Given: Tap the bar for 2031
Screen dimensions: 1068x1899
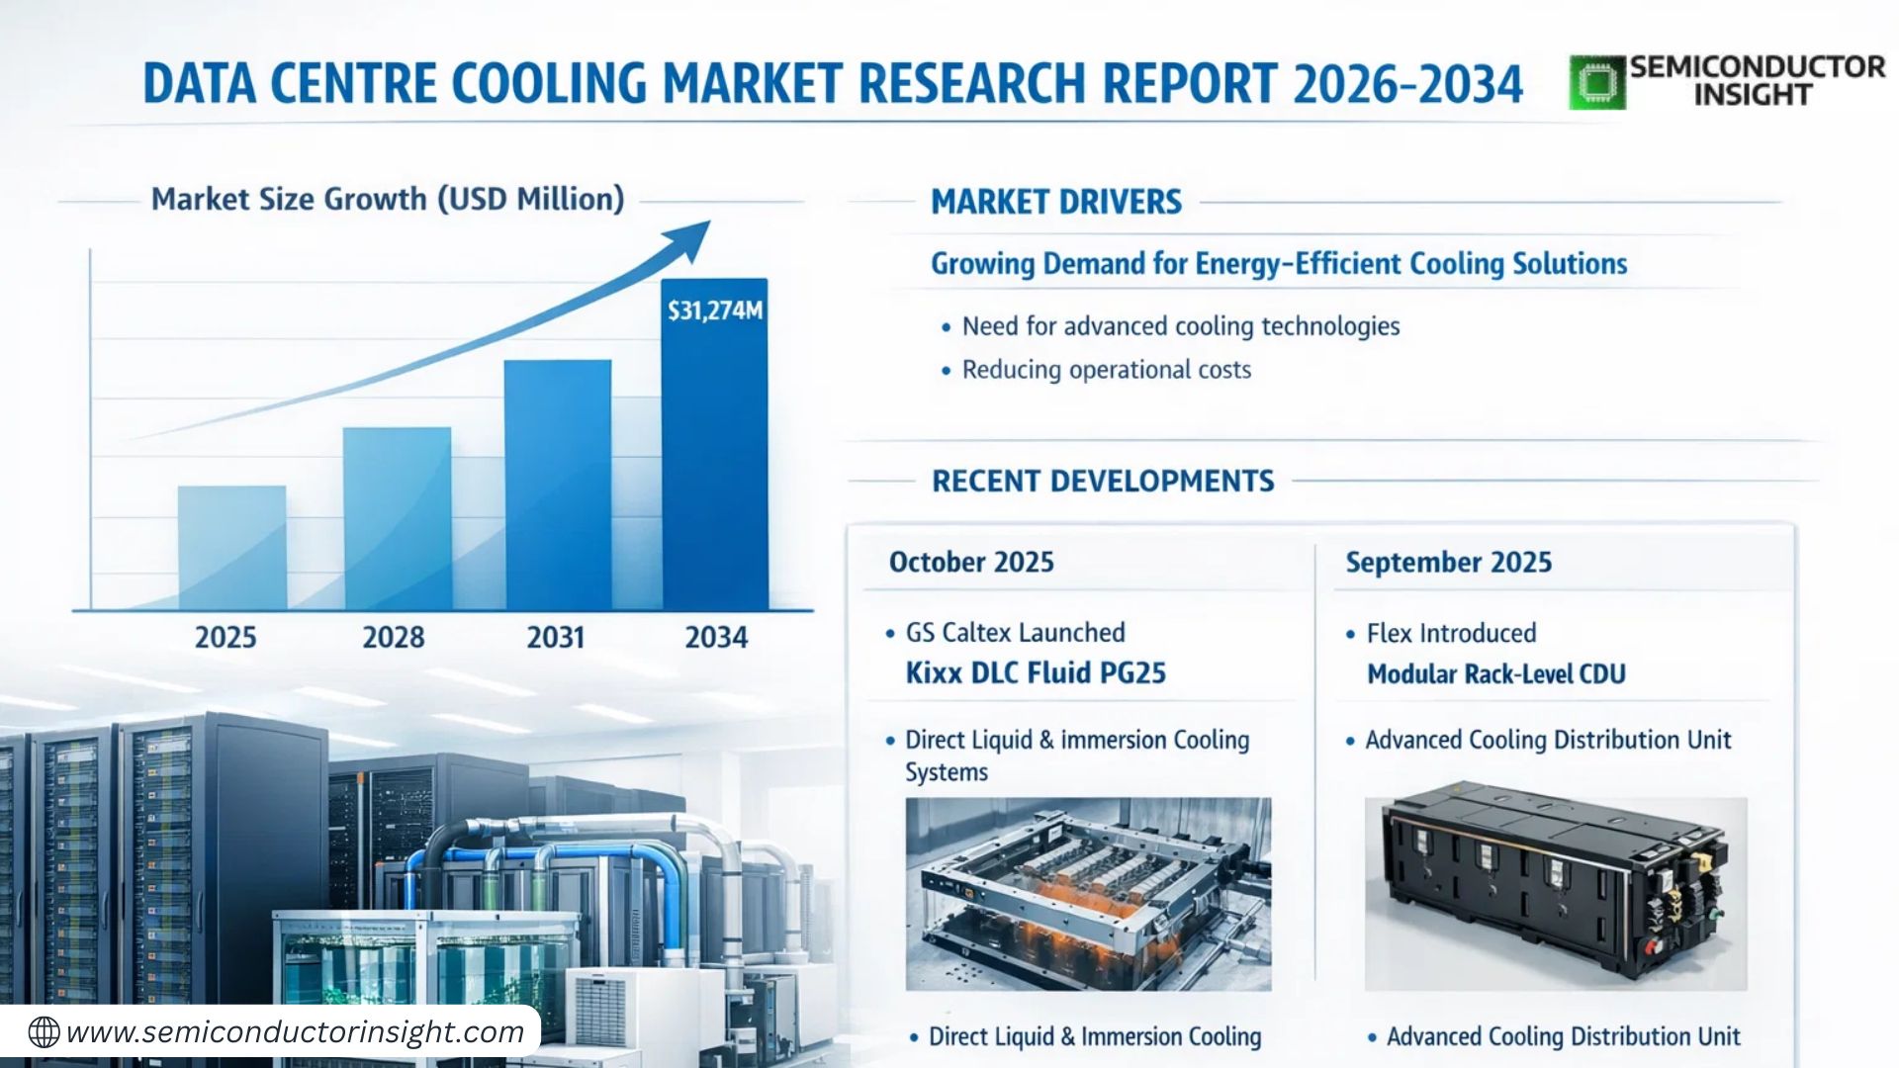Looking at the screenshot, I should [x=558, y=484].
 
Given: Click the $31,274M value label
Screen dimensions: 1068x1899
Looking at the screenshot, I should [x=715, y=311].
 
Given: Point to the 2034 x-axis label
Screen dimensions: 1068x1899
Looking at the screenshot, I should [x=716, y=637].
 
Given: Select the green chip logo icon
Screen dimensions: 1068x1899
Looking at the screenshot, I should [x=1596, y=82].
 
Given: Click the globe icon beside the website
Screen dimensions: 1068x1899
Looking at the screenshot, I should [x=44, y=1032].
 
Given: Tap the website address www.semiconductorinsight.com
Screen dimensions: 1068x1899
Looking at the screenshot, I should [x=295, y=1032].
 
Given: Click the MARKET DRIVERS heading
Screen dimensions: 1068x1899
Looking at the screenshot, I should [x=1056, y=202].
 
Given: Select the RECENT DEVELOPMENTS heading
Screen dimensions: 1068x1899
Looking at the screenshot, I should [x=1103, y=482].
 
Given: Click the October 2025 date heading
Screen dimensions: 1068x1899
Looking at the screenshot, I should [x=971, y=562].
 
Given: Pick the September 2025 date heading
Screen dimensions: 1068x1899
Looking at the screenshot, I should [x=1448, y=562].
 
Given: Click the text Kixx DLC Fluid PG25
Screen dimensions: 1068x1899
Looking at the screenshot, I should [x=1036, y=673].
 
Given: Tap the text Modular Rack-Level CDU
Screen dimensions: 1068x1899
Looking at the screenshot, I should [x=1495, y=674].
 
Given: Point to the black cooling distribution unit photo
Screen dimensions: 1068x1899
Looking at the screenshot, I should [x=1555, y=893].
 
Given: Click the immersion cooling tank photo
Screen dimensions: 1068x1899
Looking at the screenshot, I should [x=1088, y=893].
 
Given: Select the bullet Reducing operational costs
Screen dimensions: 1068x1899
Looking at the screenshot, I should [x=1106, y=370].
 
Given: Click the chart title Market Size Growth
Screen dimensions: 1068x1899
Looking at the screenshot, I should [x=388, y=199].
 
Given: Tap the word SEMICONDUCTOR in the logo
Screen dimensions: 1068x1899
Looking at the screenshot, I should [x=1757, y=67].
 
